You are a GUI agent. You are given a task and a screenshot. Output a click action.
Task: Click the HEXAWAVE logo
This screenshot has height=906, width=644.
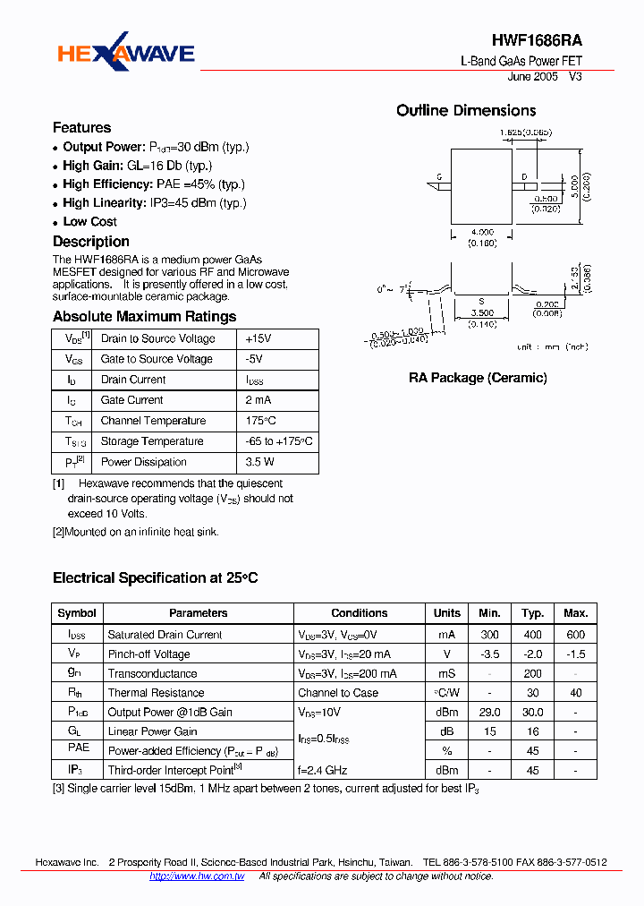point(126,55)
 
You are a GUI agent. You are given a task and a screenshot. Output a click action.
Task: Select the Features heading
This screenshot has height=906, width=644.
point(81,127)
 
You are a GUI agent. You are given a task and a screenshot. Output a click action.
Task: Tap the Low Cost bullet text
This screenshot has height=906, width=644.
point(89,221)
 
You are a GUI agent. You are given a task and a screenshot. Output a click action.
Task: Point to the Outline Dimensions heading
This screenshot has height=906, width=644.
point(466,111)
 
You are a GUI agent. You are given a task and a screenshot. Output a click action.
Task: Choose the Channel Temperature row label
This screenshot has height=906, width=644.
point(153,421)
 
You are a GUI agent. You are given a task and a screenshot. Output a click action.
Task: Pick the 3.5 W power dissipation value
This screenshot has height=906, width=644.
point(259,462)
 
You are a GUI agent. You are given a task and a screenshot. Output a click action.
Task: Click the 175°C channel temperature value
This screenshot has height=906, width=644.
point(260,421)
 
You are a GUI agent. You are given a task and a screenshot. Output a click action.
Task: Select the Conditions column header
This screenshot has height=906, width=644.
point(359,613)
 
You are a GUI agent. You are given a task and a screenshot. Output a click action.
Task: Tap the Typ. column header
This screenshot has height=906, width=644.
point(533,613)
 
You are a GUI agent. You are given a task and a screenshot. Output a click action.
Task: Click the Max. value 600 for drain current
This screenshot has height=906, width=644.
point(576,635)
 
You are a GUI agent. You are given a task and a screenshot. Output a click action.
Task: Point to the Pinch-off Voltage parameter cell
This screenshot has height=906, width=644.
point(148,654)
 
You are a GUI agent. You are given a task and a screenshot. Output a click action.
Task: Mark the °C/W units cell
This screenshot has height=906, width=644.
point(446,693)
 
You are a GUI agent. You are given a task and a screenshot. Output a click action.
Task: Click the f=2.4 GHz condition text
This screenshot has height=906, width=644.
point(323,770)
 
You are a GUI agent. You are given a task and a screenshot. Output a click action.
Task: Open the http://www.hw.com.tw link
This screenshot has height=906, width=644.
point(197,876)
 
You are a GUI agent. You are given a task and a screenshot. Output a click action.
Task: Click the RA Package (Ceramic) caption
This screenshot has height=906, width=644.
point(478,378)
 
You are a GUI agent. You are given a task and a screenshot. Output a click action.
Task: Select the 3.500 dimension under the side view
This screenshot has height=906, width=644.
point(481,314)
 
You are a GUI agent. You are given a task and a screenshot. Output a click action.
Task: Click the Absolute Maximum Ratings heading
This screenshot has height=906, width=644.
point(144,316)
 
